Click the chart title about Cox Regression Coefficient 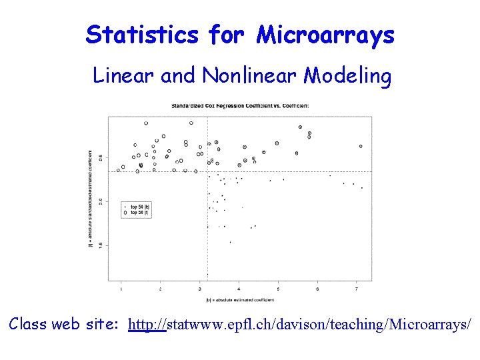239,105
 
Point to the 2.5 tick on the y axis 101,157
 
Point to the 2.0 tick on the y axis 101,201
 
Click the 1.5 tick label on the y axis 101,245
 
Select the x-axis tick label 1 121,289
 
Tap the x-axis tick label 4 239,289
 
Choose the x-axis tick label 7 357,289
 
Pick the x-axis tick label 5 278,289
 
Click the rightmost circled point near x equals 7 361,146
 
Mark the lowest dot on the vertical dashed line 207,275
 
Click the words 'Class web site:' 64,325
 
